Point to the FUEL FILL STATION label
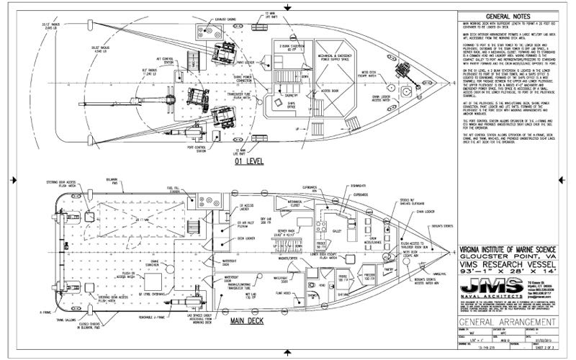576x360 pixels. tap(153, 191)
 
